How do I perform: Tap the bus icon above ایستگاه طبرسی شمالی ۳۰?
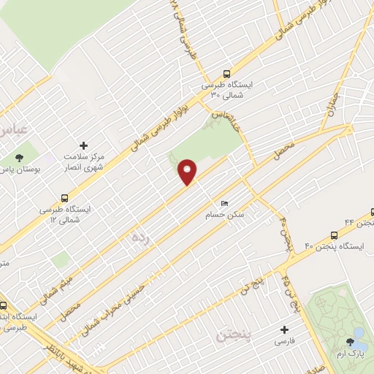pos(226,73)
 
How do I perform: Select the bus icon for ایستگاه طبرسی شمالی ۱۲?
pos(66,198)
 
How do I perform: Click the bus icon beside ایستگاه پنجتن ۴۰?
pos(334,235)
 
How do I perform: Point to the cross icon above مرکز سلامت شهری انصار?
pos(83,146)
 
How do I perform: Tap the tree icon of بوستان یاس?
pos(18,156)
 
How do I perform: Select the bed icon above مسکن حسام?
pos(224,203)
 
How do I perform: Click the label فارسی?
pos(285,341)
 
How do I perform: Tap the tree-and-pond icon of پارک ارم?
pos(358,333)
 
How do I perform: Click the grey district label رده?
pos(139,238)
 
